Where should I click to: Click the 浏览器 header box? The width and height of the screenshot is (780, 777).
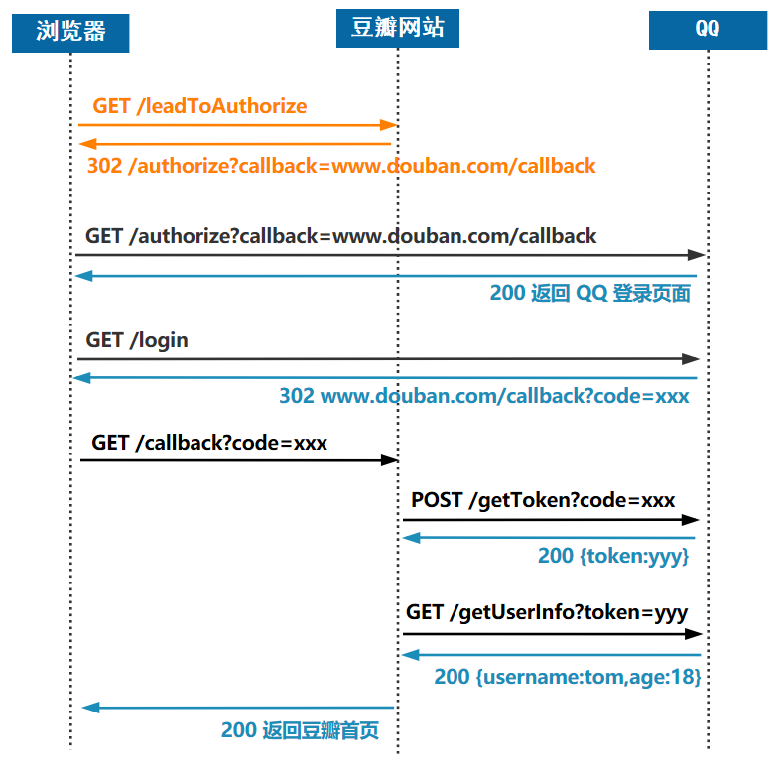point(70,32)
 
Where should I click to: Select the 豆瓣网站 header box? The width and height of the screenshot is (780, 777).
point(398,28)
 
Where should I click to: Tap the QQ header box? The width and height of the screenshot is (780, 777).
point(708,29)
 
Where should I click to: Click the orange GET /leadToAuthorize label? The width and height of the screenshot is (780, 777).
point(199,106)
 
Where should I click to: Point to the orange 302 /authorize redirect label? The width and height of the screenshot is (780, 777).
point(341,165)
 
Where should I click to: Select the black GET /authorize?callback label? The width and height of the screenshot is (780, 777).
point(341,236)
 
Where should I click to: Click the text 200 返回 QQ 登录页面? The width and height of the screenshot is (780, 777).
point(589,293)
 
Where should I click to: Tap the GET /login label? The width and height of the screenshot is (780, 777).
point(137,340)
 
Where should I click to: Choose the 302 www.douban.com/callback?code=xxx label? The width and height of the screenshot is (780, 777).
point(483,396)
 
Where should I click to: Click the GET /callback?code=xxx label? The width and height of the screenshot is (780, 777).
point(209,443)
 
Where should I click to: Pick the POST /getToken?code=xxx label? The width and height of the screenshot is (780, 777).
point(543,500)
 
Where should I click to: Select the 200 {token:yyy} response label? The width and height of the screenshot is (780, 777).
point(612,556)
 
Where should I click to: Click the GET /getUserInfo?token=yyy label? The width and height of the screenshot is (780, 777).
point(546,612)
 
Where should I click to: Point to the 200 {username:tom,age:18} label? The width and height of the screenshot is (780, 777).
point(568,677)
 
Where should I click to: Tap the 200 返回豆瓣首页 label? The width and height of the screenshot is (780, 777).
point(300,731)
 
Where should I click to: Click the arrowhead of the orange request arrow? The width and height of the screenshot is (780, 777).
point(391,125)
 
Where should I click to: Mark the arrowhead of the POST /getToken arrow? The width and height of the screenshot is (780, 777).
point(694,520)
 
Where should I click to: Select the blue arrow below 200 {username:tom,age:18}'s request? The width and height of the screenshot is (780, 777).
point(552,655)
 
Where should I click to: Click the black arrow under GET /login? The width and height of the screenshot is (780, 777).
point(387,359)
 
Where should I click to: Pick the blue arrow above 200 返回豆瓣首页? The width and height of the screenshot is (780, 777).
point(238,708)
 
